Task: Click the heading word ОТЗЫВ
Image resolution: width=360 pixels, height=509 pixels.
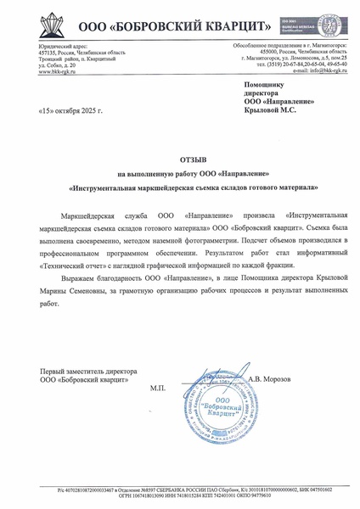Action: click(x=179, y=159)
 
